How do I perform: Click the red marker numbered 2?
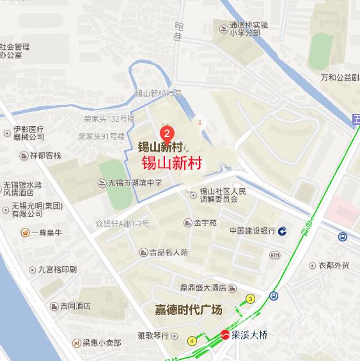166,134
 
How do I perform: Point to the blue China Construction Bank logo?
282,230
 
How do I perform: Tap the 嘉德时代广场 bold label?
189,310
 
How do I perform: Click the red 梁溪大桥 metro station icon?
224,334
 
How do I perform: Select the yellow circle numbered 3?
251,299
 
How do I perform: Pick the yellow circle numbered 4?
192,341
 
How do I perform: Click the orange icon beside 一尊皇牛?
24,232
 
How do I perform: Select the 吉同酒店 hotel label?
71,306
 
